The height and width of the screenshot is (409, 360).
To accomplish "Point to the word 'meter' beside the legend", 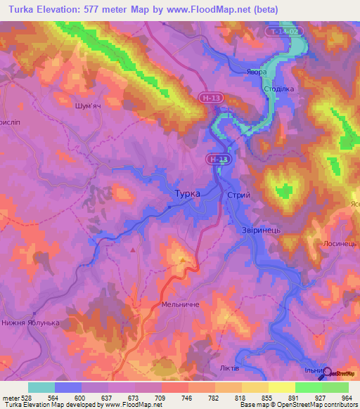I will coord(11,396).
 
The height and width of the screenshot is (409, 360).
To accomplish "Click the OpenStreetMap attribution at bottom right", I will coord(308,405).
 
